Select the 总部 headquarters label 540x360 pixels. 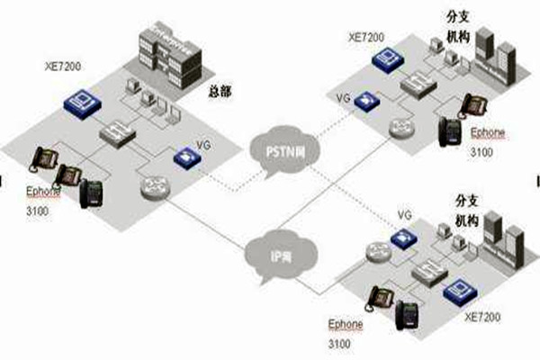point(220,91)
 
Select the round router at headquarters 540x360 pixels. point(151,186)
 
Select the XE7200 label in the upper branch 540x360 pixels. point(367,38)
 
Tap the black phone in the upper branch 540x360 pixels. point(450,132)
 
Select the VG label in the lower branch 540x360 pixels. point(404,217)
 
